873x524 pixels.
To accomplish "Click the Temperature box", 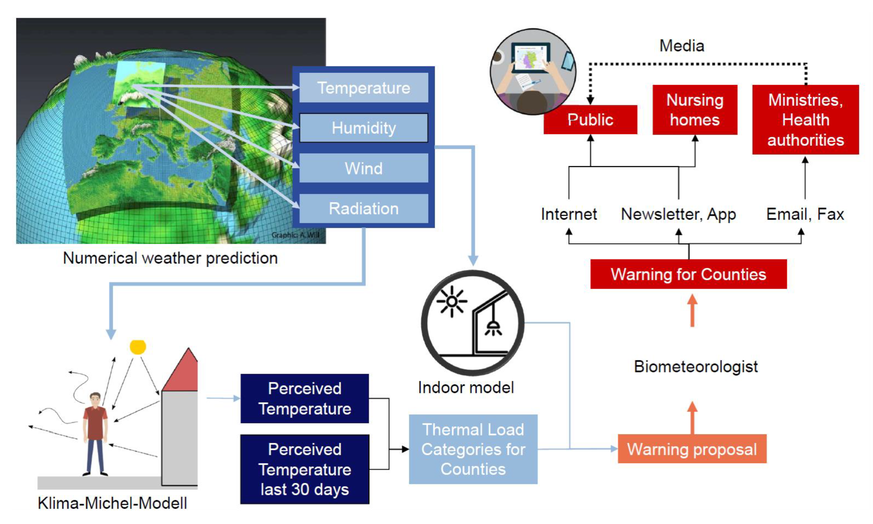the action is pyautogui.click(x=364, y=88).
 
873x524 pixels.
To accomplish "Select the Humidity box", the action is pyautogui.click(x=364, y=128).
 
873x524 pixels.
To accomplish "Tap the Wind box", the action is pyautogui.click(x=364, y=168).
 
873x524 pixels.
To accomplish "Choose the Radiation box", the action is pyautogui.click(x=364, y=208).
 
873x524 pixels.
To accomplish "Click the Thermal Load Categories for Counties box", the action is pyautogui.click(x=473, y=449).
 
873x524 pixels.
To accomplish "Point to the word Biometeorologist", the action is pyautogui.click(x=696, y=366).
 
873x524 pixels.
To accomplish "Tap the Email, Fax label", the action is pyautogui.click(x=805, y=214).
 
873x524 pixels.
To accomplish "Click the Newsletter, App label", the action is pyautogui.click(x=678, y=214).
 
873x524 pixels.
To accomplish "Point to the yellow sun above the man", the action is pyautogui.click(x=138, y=347).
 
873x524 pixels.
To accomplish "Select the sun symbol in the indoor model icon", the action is pyautogui.click(x=452, y=301).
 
